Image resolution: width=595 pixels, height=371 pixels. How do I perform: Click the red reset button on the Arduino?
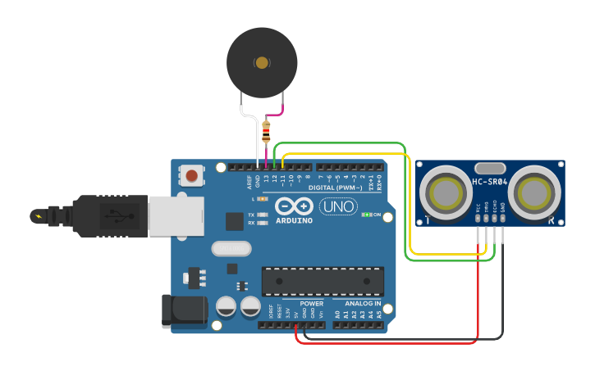coord(192,174)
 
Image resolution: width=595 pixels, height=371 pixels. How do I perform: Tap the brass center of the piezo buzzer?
coord(262,62)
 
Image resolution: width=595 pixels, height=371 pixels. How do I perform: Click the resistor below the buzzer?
coord(266,132)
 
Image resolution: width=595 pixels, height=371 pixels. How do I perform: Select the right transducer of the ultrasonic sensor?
coord(534,193)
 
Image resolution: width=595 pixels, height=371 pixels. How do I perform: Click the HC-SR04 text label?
coord(490,182)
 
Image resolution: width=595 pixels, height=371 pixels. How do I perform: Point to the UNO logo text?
coord(338,206)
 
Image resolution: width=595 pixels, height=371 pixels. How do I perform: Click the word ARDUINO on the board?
coord(293,220)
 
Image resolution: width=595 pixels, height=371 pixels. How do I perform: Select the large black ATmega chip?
coord(323,281)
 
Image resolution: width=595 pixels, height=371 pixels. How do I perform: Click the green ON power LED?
coord(365,215)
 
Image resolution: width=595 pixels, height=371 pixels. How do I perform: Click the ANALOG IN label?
coord(362,303)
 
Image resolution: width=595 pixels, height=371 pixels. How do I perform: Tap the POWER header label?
coord(311,303)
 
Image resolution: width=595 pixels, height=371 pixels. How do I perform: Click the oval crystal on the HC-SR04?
coord(490,167)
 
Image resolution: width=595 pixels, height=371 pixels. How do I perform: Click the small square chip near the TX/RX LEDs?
coord(235,220)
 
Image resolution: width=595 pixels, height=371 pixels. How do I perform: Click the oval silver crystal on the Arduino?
coord(231,248)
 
